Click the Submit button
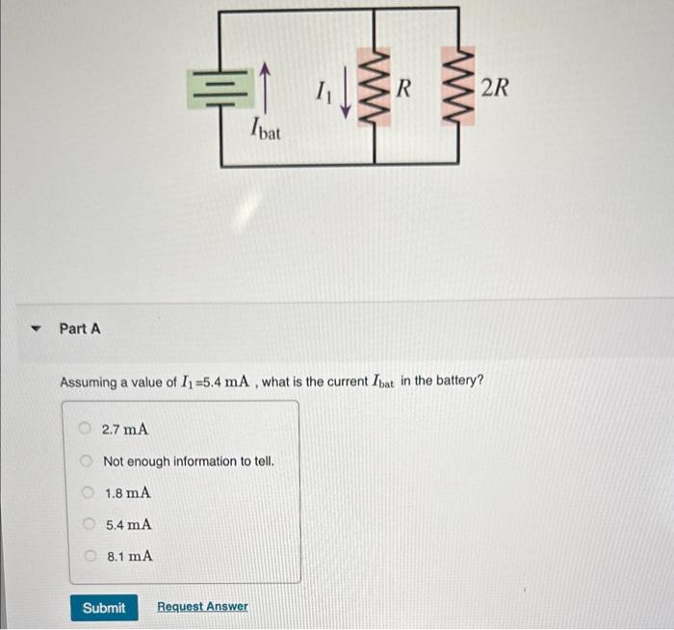103,607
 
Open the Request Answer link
202,607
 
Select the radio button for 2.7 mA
85,429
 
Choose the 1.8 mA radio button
86,493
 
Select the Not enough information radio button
85,461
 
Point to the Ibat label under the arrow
264,129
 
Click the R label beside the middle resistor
404,90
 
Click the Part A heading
80,328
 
